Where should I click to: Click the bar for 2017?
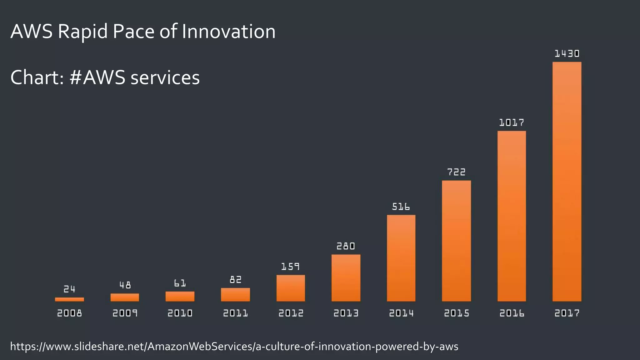coord(567,182)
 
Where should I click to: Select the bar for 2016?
coord(512,216)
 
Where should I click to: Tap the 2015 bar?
coord(456,241)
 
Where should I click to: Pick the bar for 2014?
coord(401,258)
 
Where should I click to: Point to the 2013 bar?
coord(346,278)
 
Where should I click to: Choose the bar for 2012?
coord(291,288)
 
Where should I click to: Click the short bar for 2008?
coord(69,299)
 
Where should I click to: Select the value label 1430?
coord(567,54)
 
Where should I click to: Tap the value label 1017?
coord(512,122)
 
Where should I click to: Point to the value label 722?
coord(456,172)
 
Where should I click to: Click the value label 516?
coord(401,207)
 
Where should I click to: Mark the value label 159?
coord(290,267)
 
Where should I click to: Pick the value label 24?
coord(69,289)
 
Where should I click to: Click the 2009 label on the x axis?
coord(125,313)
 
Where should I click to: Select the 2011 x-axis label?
coord(235,313)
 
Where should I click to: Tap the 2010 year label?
coord(180,313)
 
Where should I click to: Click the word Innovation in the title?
coord(228,32)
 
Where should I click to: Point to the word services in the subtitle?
coord(165,77)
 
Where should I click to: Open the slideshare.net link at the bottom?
coord(234,346)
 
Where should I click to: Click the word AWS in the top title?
coord(32,32)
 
